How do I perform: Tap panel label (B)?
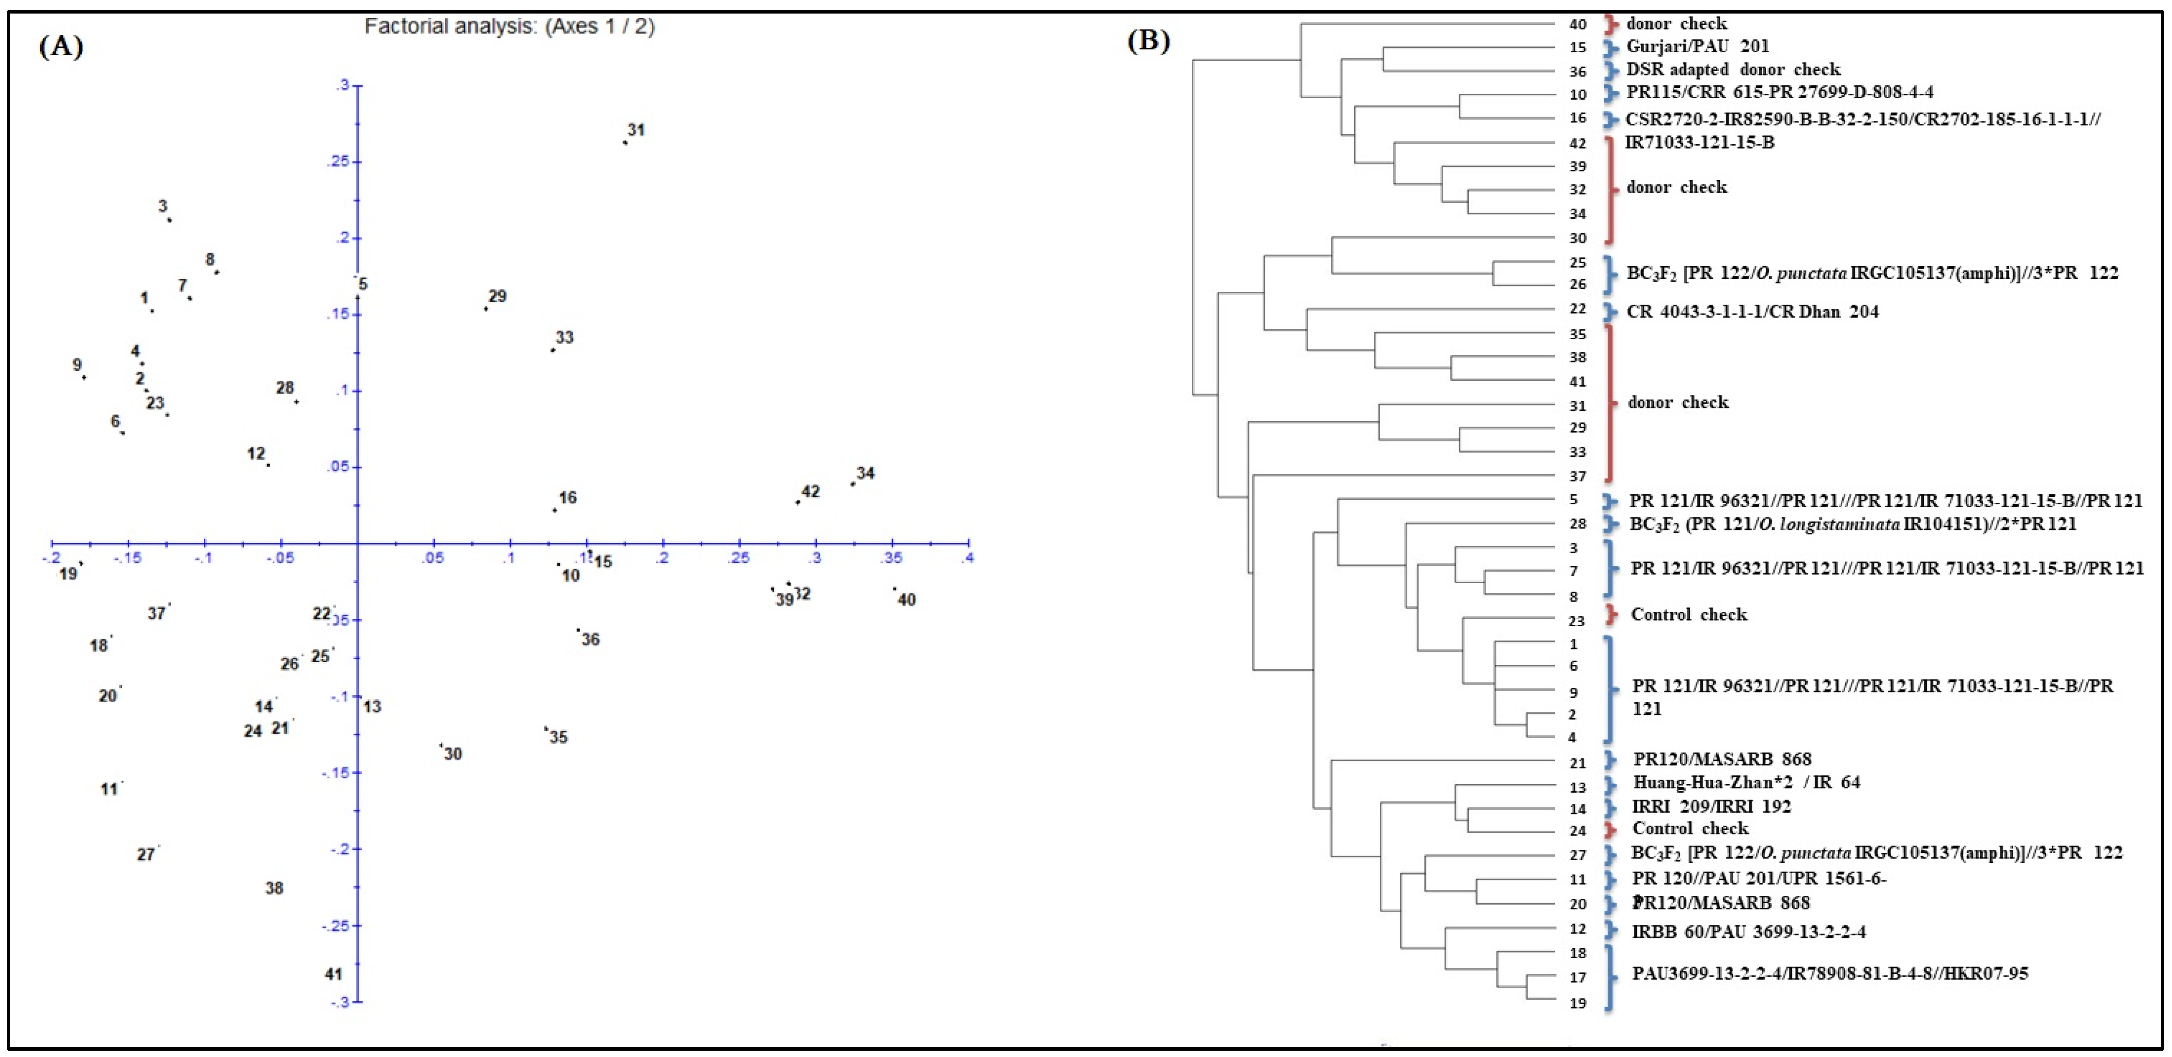[x=1148, y=41]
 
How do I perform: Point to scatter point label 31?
[x=636, y=130]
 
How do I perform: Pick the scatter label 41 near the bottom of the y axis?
[x=334, y=974]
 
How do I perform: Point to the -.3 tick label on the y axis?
[x=338, y=1002]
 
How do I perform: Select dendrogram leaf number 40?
[x=1577, y=25]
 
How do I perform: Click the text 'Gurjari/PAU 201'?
[x=1697, y=46]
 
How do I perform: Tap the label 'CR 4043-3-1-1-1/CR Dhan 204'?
[x=1752, y=312]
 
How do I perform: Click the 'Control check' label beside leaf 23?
[x=1689, y=615]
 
